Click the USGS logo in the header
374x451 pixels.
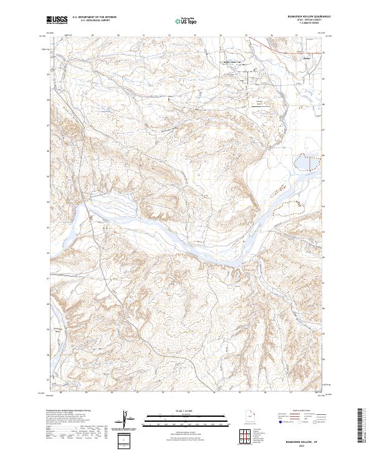[x=57, y=20]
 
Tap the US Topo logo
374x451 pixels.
[x=186, y=21]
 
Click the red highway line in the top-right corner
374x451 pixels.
[x=280, y=43]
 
